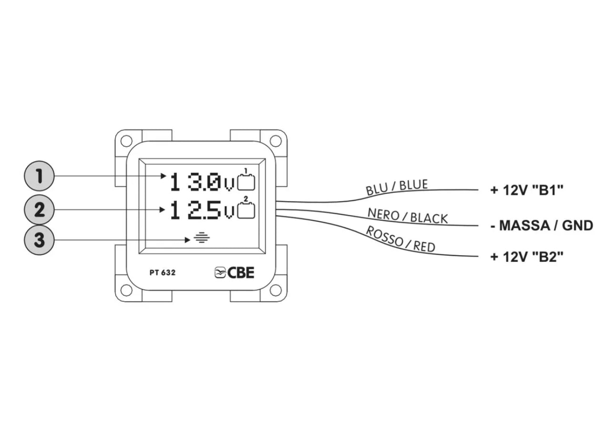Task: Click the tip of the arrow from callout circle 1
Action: click(x=166, y=176)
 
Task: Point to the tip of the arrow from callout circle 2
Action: click(x=165, y=210)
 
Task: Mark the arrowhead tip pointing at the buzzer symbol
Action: click(x=190, y=240)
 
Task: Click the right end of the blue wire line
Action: click(x=478, y=190)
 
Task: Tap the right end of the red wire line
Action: click(x=478, y=257)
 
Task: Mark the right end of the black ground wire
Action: click(x=478, y=226)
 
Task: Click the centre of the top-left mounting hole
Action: click(x=126, y=141)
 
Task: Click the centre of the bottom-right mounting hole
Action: click(x=276, y=290)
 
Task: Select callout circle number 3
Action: click(x=39, y=240)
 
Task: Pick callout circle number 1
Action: click(x=39, y=176)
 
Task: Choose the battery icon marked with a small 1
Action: click(x=246, y=180)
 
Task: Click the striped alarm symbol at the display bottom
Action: click(x=202, y=238)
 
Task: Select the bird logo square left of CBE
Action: click(x=220, y=272)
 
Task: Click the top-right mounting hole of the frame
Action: click(x=276, y=141)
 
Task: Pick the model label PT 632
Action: click(x=163, y=272)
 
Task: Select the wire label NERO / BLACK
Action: click(x=408, y=216)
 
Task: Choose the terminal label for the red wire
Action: click(x=527, y=257)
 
